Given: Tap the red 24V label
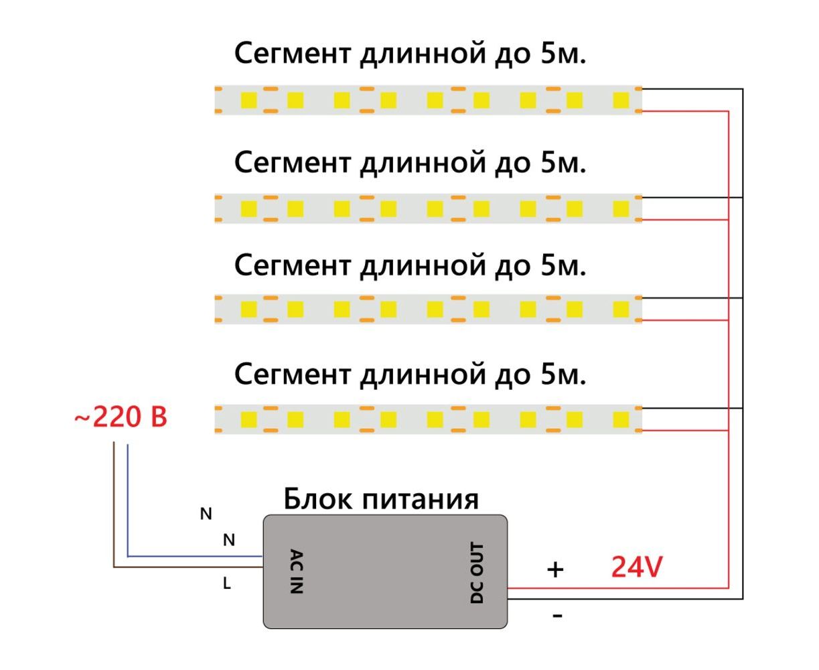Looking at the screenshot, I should coord(637,567).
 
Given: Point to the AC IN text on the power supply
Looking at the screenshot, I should coord(297,572).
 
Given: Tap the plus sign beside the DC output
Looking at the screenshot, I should coord(555,569).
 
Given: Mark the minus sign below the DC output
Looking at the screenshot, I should coord(557,615).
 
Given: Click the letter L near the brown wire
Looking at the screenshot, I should coord(227,584).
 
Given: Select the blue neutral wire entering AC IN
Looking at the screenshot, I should coord(194,556).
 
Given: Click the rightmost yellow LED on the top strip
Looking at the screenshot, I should coord(621,100).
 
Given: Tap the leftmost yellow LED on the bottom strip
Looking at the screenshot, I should coord(249,420).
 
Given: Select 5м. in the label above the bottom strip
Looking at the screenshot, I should coord(562,375).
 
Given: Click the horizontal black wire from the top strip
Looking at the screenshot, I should coord(690,89).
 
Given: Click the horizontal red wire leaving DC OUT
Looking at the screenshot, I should coord(616,588).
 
